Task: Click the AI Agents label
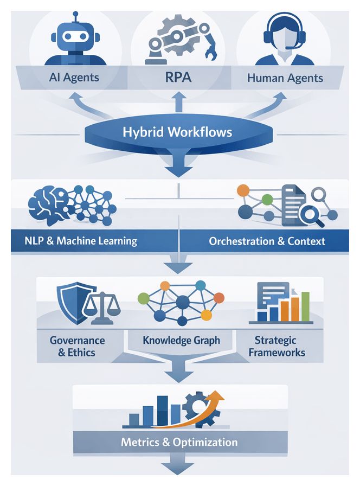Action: [x=74, y=77]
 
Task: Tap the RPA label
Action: [x=178, y=77]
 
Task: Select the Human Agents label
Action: [x=285, y=78]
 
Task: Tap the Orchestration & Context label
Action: [x=267, y=241]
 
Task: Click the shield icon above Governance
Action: [x=72, y=304]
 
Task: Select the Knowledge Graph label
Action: [x=181, y=341]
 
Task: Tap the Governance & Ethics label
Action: [x=77, y=347]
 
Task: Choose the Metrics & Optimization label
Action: [x=179, y=442]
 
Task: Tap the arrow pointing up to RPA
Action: [x=179, y=101]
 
